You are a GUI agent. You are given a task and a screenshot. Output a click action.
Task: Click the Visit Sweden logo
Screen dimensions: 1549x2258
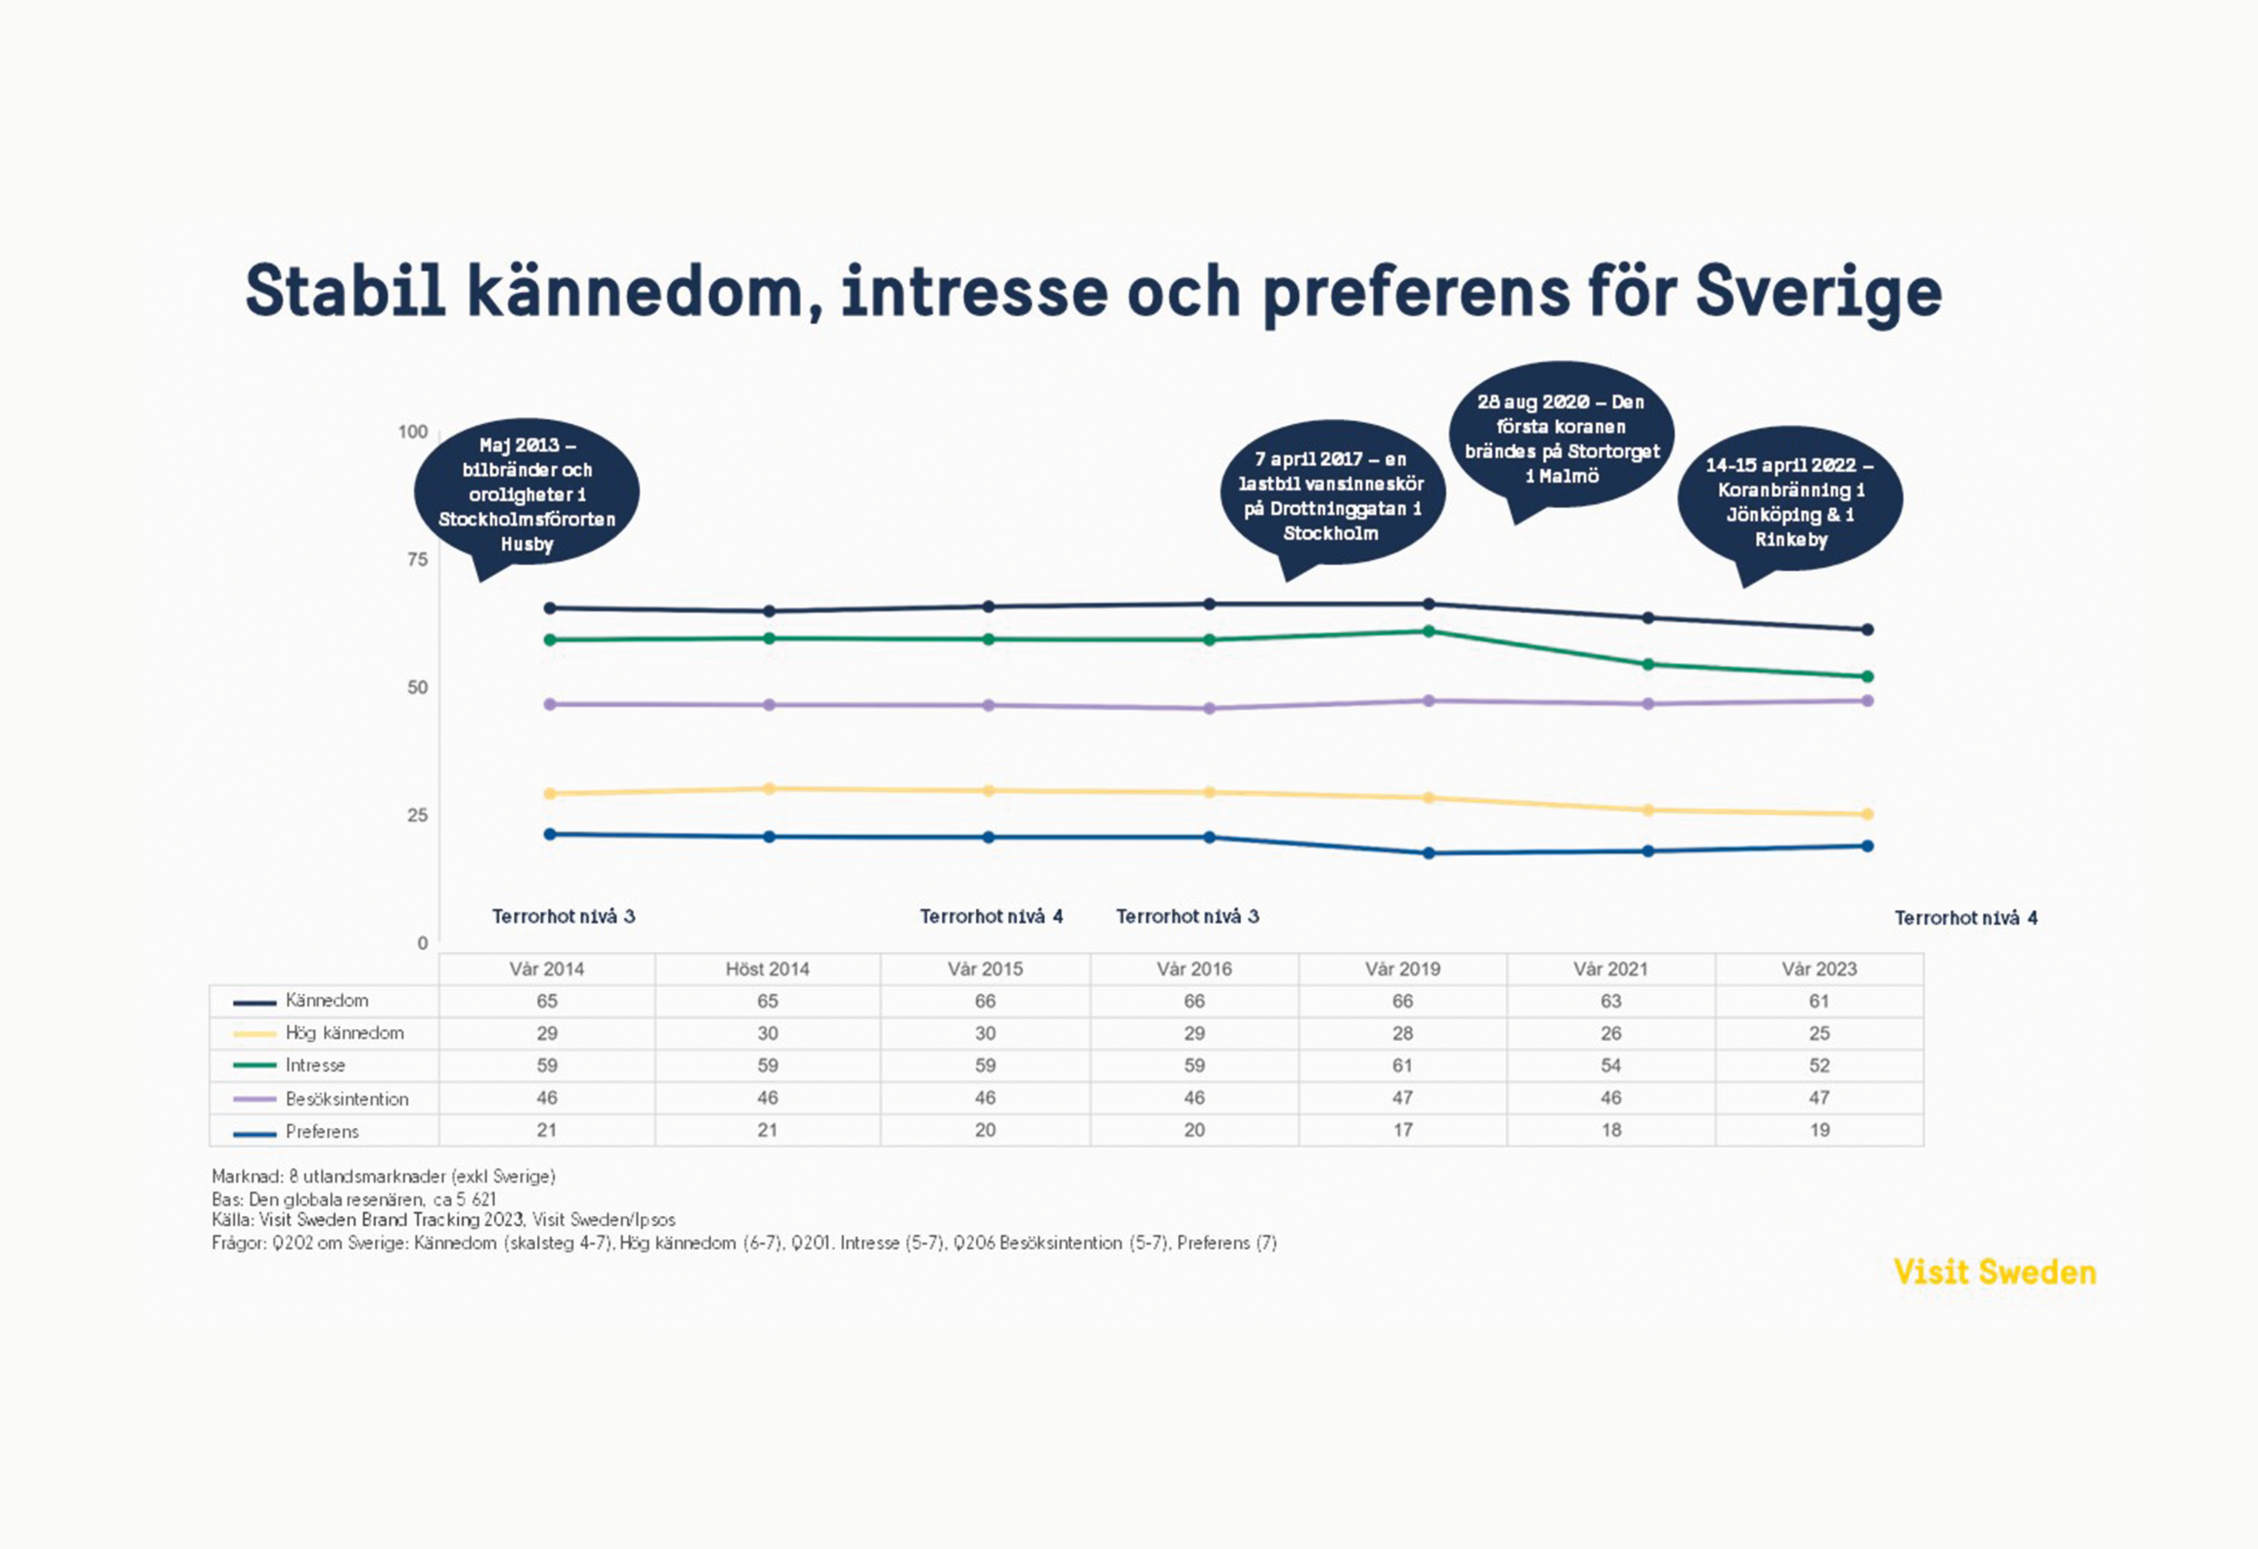click(x=1994, y=1272)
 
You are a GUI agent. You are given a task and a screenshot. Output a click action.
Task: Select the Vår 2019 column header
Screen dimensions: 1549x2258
click(x=1402, y=969)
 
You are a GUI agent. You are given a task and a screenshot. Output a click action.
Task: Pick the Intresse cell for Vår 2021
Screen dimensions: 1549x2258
click(x=1610, y=1065)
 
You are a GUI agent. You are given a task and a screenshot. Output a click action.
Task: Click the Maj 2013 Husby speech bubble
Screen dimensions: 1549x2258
click(x=526, y=493)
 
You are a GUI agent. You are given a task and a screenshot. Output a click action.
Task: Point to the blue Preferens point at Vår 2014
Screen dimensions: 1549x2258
click(x=550, y=834)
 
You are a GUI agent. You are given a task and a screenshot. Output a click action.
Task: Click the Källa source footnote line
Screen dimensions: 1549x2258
click(x=443, y=1220)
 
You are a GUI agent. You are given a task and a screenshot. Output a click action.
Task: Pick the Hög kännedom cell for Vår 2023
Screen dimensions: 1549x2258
click(x=1819, y=1033)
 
